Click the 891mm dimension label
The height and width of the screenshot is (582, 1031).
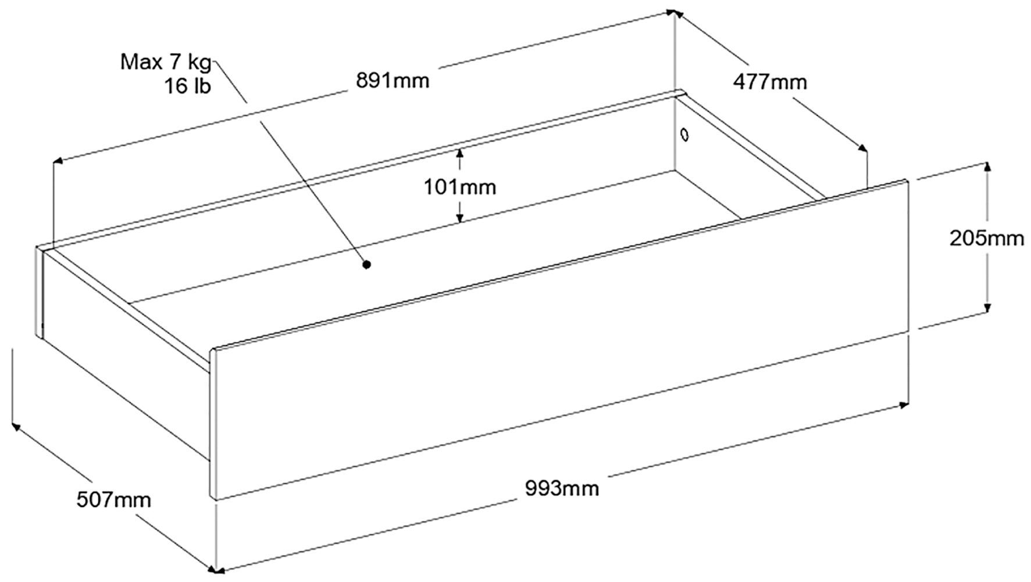[x=393, y=80]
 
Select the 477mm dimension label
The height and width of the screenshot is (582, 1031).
[x=770, y=82]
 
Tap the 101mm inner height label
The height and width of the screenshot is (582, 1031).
[x=459, y=187]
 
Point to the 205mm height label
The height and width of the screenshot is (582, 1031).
[x=987, y=238]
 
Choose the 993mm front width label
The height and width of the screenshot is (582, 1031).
[x=562, y=488]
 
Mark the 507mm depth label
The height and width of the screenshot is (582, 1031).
[x=113, y=499]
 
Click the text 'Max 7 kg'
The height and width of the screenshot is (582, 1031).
[x=166, y=62]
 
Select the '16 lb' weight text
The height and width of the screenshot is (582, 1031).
[x=187, y=86]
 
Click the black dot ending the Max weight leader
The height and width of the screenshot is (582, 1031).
[x=366, y=265]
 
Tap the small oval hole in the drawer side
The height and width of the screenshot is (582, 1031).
[x=684, y=135]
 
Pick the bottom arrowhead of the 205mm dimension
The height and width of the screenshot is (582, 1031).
[x=987, y=307]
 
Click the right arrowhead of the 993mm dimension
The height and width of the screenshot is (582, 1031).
[x=903, y=404]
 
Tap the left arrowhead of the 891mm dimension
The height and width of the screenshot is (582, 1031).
[x=59, y=161]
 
